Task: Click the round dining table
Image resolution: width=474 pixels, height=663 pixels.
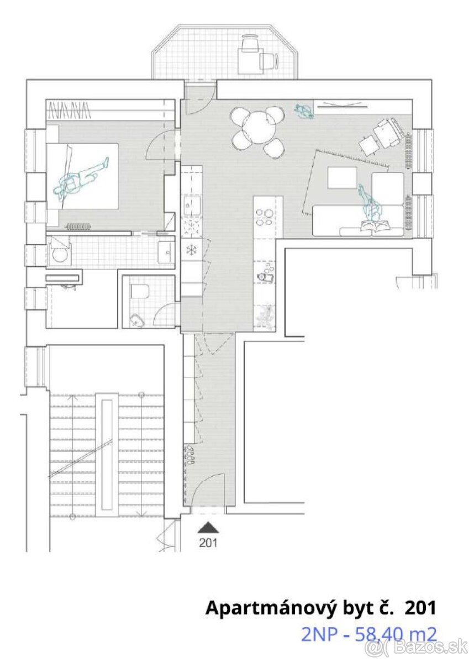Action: click(x=259, y=127)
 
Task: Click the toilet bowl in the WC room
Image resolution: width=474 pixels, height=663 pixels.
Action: click(x=139, y=292)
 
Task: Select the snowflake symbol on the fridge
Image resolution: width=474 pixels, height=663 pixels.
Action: click(x=192, y=250)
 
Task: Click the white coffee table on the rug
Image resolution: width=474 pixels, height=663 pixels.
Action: click(x=343, y=177)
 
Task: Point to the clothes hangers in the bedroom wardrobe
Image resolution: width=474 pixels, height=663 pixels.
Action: click(x=70, y=110)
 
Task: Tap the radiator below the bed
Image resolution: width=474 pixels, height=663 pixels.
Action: click(x=78, y=227)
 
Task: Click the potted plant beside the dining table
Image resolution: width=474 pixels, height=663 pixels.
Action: click(x=304, y=111)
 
